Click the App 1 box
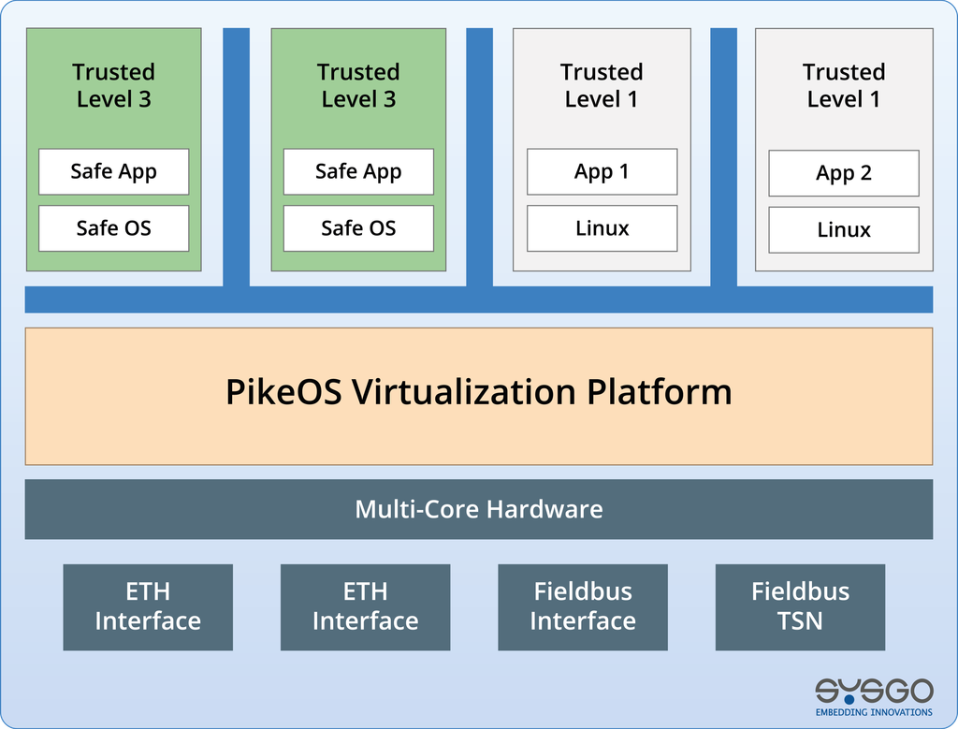(602, 171)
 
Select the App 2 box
(844, 173)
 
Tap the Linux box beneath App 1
(602, 228)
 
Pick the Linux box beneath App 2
(844, 230)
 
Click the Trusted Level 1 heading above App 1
(602, 85)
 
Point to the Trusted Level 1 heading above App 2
(844, 85)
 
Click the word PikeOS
(283, 392)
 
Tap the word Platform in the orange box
(660, 392)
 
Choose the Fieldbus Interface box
(583, 607)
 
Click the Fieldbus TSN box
(801, 607)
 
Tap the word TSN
(801, 621)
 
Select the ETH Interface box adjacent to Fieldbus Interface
(366, 607)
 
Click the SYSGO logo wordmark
(875, 691)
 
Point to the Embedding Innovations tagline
(875, 712)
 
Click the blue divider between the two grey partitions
(723, 157)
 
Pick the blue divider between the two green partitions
(237, 157)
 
